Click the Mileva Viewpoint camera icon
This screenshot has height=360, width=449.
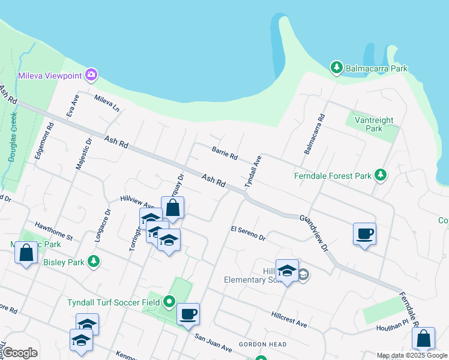pyautogui.click(x=91, y=75)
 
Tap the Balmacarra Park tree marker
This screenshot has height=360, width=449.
pyautogui.click(x=337, y=68)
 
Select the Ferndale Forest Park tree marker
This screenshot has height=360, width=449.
pyautogui.click(x=379, y=176)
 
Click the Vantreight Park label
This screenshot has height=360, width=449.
pyautogui.click(x=373, y=124)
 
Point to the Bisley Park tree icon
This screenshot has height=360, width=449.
pyautogui.click(x=93, y=261)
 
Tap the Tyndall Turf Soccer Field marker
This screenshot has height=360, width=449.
pyautogui.click(x=169, y=302)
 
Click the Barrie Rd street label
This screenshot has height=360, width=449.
pyautogui.click(x=224, y=152)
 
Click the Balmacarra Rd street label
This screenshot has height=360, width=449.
pyautogui.click(x=315, y=134)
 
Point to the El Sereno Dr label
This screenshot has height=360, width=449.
pyautogui.click(x=248, y=233)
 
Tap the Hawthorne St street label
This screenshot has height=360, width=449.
pyautogui.click(x=53, y=230)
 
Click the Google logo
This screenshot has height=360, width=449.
pyautogui.click(x=20, y=353)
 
